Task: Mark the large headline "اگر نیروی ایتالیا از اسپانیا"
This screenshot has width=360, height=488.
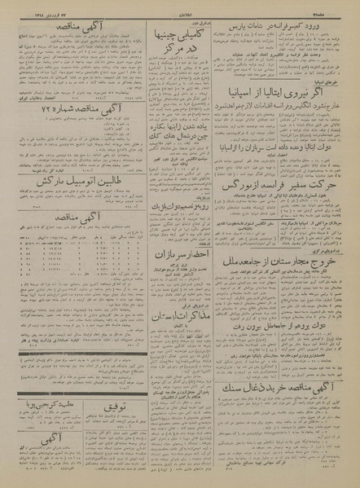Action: [286, 86]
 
